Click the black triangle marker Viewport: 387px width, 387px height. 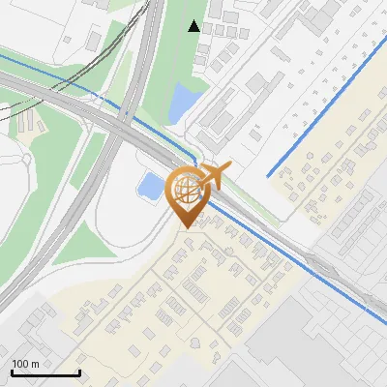pos(194,26)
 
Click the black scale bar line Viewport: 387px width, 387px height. pos(45,372)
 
